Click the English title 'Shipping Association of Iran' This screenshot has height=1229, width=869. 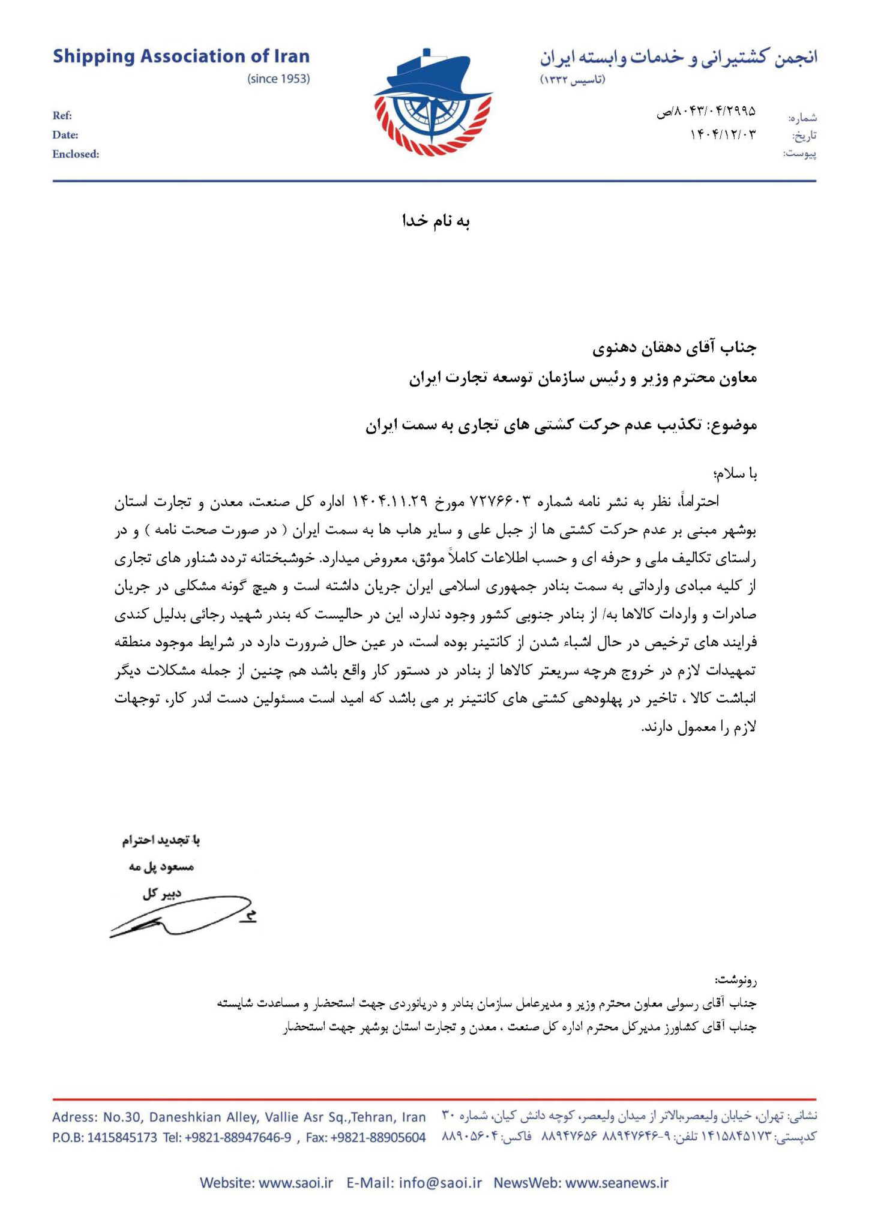pyautogui.click(x=181, y=57)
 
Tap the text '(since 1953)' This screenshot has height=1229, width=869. pyautogui.click(x=278, y=79)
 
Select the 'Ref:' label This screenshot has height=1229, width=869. pyautogui.click(x=62, y=116)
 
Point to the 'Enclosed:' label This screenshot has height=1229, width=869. pyautogui.click(x=76, y=154)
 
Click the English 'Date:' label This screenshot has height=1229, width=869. pyautogui.click(x=65, y=135)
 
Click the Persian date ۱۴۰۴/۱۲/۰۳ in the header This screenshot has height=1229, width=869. pyautogui.click(x=723, y=134)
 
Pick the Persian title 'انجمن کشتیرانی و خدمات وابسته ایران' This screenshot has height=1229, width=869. pyautogui.click(x=678, y=58)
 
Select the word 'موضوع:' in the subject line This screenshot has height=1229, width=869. pyautogui.click(x=732, y=425)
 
